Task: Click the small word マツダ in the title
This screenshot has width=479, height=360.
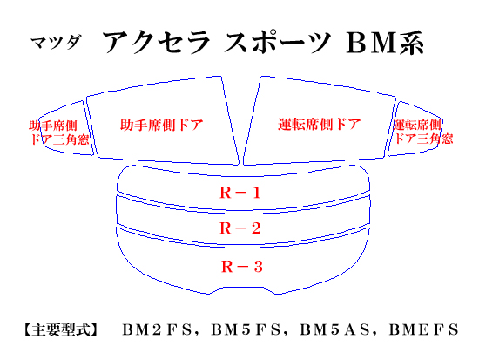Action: pyautogui.click(x=57, y=42)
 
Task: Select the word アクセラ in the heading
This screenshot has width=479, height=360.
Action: pyautogui.click(x=156, y=42)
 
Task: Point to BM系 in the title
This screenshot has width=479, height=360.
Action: pyautogui.click(x=385, y=43)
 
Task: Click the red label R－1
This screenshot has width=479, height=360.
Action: pyautogui.click(x=240, y=193)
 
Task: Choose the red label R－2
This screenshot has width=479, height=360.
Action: pyautogui.click(x=240, y=228)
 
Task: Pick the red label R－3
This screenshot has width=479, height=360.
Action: pyautogui.click(x=241, y=267)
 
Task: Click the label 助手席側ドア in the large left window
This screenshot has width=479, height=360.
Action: pyautogui.click(x=162, y=125)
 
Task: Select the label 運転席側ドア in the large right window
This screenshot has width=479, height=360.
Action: pyautogui.click(x=320, y=124)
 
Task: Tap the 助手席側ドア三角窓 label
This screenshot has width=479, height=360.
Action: pyautogui.click(x=59, y=132)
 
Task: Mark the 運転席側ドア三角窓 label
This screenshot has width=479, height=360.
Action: pyautogui.click(x=423, y=132)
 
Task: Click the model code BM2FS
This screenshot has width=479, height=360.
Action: pyautogui.click(x=158, y=329)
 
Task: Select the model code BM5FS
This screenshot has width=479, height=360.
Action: pyautogui.click(x=246, y=329)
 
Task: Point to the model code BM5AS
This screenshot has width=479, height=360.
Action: pyautogui.click(x=334, y=329)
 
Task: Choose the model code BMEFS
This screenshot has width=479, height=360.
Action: pyautogui.click(x=424, y=329)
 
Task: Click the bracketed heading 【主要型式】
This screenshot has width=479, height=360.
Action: pyautogui.click(x=61, y=329)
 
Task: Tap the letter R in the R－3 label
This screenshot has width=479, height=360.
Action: pyautogui.click(x=227, y=267)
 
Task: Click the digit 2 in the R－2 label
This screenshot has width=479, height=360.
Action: pyautogui.click(x=256, y=228)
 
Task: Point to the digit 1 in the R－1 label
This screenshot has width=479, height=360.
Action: pyautogui.click(x=256, y=193)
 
